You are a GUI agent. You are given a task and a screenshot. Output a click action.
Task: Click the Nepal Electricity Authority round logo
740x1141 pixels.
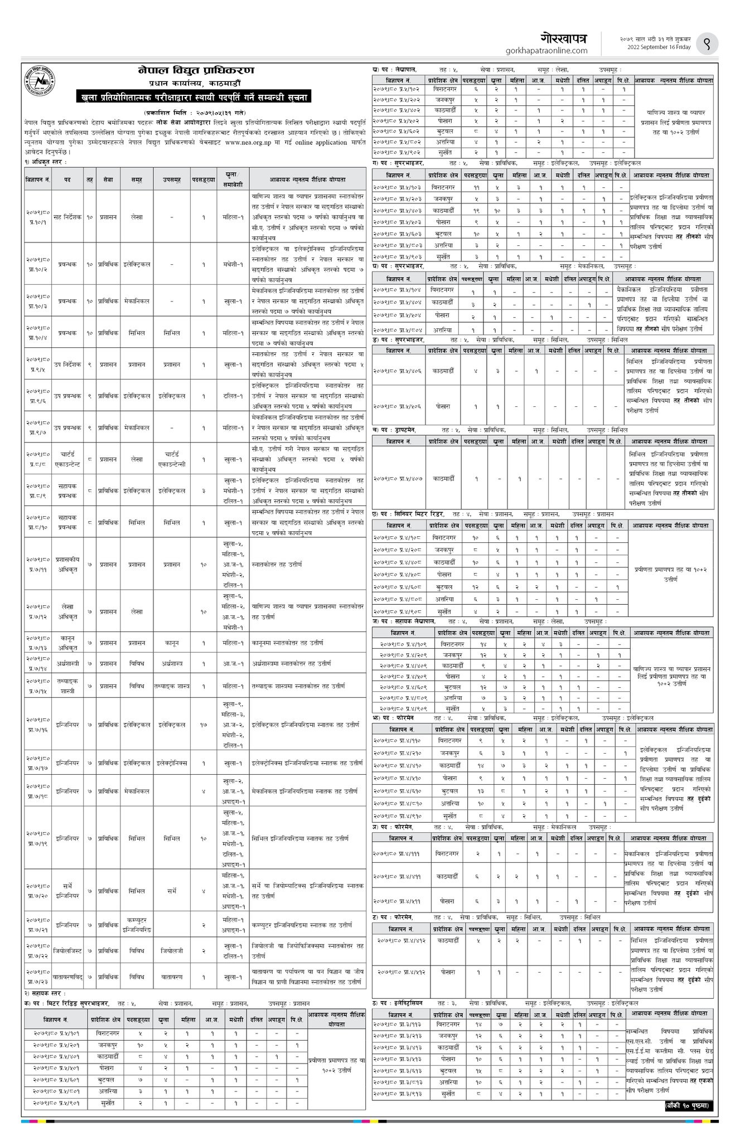point(42,84)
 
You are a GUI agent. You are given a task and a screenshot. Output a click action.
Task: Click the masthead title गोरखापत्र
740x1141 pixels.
point(564,38)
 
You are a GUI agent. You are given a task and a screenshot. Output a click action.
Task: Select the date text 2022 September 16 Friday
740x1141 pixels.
point(655,47)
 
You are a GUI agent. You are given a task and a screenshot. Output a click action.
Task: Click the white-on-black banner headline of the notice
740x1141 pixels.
point(195,98)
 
